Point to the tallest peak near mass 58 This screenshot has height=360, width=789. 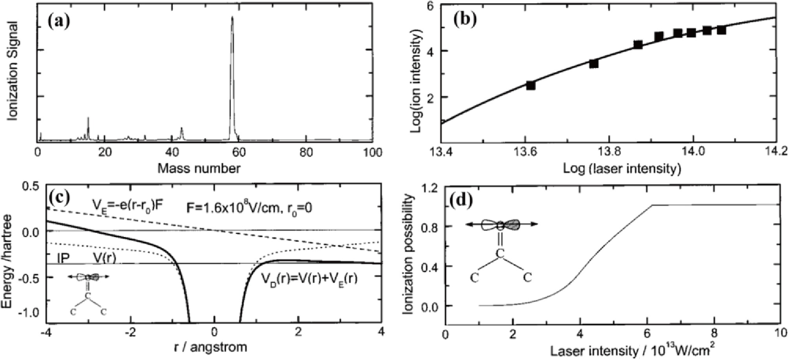[232, 18]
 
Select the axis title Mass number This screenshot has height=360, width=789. [199, 169]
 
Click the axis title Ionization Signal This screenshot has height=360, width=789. [13, 72]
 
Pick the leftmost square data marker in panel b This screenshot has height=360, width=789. [530, 85]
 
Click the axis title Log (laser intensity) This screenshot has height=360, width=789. [622, 169]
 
